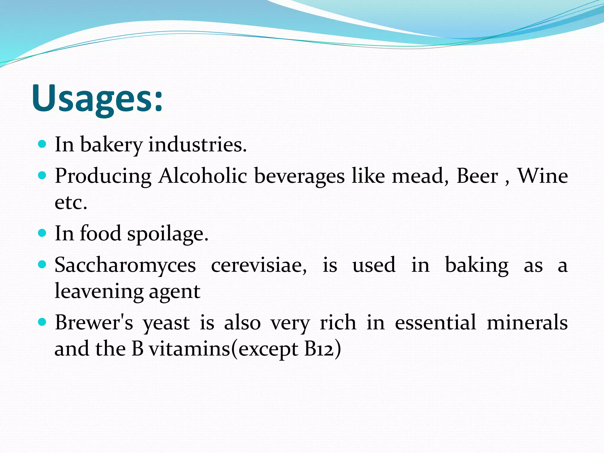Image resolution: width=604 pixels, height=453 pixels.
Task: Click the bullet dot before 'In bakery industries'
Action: coord(42,144)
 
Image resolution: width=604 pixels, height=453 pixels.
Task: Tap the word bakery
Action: coord(111,145)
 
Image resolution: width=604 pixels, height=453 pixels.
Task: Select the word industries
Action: coord(197,145)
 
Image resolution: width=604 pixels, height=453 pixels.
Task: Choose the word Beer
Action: coord(477,176)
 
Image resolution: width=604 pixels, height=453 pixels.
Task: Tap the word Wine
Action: coord(542,176)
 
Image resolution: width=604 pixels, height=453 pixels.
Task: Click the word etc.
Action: coord(71,203)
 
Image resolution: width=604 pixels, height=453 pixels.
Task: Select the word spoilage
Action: coord(168,234)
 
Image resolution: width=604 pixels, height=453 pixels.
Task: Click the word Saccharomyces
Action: coord(125,265)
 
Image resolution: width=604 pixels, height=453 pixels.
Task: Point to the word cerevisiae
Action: coord(259,265)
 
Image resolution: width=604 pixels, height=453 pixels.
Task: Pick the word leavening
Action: coord(99,291)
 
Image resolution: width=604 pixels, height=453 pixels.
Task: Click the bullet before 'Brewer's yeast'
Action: coord(42,322)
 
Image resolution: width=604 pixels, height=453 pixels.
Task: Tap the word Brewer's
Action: coord(94,322)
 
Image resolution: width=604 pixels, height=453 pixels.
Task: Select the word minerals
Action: coord(527,322)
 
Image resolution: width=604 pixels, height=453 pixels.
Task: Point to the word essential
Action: coord(435,322)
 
